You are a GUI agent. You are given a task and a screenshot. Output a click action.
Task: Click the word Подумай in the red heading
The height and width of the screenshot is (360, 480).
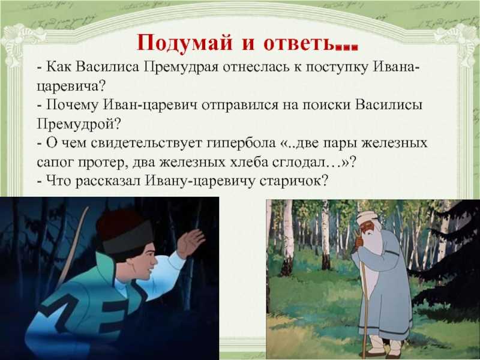point(184,43)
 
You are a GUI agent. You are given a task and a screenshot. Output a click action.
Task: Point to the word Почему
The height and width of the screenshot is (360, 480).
point(73,106)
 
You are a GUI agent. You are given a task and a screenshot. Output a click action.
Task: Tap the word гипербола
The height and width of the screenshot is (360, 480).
point(241,143)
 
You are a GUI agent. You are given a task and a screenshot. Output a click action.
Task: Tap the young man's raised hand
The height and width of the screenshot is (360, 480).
point(190,242)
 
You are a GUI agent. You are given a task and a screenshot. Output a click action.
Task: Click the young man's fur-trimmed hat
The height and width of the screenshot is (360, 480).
point(124,231)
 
